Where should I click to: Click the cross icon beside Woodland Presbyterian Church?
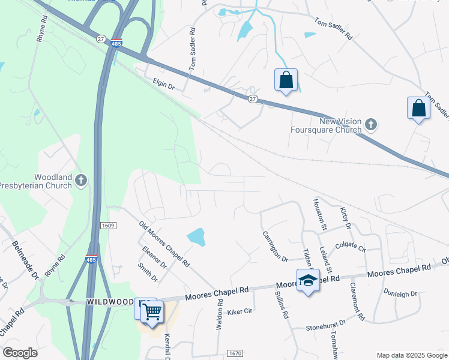[x=82, y=179]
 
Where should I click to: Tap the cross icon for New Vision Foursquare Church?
[x=371, y=125]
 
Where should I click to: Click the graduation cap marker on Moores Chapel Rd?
[x=308, y=281]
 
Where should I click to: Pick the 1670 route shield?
[x=235, y=354]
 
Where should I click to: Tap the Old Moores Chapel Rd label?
[x=164, y=244]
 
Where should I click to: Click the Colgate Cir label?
[x=351, y=245]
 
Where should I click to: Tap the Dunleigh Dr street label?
[x=400, y=294]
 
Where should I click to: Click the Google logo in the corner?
[x=20, y=352]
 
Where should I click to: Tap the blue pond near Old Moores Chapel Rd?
[x=196, y=237]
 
